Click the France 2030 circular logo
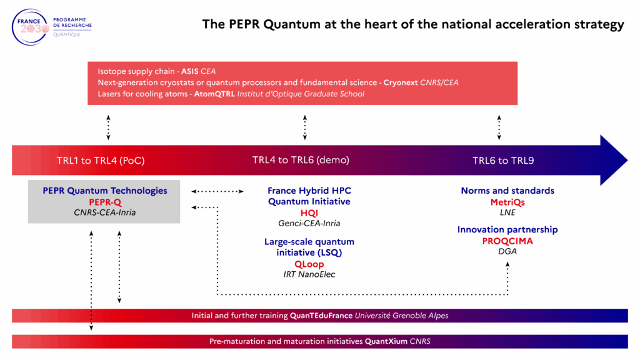[30, 27]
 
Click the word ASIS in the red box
[190, 71]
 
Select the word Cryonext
[401, 82]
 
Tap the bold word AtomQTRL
[214, 94]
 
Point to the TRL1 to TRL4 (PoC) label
[101, 161]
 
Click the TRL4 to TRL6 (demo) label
[301, 160]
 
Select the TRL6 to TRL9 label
[503, 161]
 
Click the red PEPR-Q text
[105, 202]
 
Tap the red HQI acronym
[309, 213]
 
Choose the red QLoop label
[309, 264]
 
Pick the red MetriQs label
[507, 202]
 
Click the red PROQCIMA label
[507, 241]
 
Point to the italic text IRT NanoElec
[309, 274]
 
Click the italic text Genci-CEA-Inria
[309, 223]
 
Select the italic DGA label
[507, 251]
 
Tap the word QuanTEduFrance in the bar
[321, 316]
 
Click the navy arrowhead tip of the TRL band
[627, 161]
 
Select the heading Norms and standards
[507, 191]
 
